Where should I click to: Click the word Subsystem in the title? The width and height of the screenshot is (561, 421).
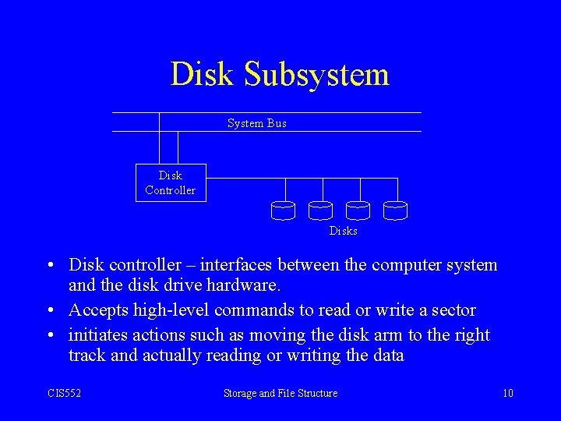tap(316, 75)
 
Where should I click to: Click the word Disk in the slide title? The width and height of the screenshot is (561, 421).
tap(202, 75)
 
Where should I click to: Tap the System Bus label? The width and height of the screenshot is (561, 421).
tap(257, 123)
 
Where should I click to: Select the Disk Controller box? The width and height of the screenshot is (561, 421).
tap(171, 182)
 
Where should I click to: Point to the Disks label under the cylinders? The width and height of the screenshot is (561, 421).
tap(343, 231)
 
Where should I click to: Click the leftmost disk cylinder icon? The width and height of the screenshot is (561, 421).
tap(283, 210)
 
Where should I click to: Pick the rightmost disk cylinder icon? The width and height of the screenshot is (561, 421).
tap(395, 210)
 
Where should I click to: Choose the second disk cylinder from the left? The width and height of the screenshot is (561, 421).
tap(320, 210)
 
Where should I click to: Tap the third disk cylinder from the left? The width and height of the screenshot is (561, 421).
tap(358, 210)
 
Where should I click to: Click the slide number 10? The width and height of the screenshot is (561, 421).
tap(507, 394)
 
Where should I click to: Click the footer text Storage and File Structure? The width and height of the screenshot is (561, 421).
tap(280, 394)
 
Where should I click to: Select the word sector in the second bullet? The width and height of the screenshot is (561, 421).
tap(452, 310)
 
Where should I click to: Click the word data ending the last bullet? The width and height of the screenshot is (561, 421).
tap(387, 356)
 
